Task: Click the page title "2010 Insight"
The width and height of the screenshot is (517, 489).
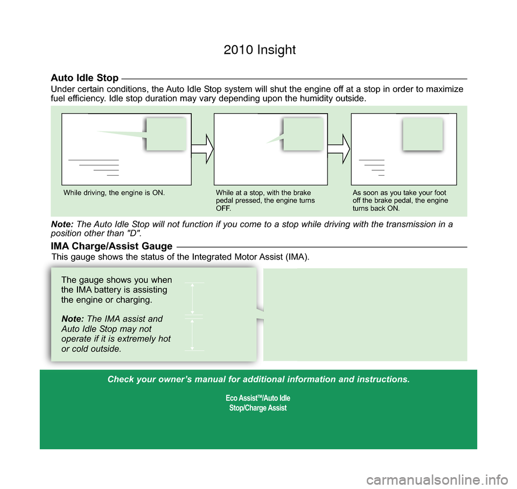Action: (x=260, y=50)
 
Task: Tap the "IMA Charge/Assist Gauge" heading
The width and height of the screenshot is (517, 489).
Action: (x=111, y=246)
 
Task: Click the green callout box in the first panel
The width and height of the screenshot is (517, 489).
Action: (x=166, y=134)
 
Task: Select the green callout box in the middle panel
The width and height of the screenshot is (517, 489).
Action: (x=303, y=134)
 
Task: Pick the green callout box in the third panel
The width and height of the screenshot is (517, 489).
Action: (x=422, y=134)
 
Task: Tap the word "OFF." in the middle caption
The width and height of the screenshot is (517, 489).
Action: (x=223, y=208)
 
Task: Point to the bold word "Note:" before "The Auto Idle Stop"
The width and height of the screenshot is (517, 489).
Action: (x=62, y=225)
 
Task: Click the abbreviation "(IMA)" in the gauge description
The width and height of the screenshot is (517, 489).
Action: (x=296, y=257)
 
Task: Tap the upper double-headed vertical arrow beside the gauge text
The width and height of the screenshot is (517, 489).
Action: (x=192, y=298)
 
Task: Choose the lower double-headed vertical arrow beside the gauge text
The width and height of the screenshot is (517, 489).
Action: (x=192, y=334)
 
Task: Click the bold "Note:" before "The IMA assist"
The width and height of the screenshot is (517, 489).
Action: (x=73, y=319)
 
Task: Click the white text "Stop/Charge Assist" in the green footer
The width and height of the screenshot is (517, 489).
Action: (x=258, y=408)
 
